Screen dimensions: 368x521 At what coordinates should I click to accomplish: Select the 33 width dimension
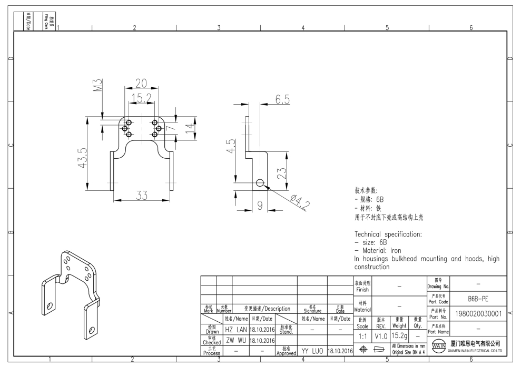click(141, 196)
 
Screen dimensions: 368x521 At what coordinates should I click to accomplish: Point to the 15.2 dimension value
click(141, 98)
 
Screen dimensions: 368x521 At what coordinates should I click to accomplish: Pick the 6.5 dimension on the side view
click(282, 100)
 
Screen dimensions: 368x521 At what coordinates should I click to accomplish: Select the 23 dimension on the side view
click(281, 173)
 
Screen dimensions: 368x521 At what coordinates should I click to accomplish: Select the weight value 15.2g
click(400, 335)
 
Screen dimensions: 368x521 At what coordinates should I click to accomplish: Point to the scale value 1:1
click(362, 335)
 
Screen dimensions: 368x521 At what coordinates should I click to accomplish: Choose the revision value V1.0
click(381, 335)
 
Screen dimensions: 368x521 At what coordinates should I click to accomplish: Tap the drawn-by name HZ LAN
click(235, 329)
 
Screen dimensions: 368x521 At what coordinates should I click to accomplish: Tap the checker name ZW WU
click(235, 340)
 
